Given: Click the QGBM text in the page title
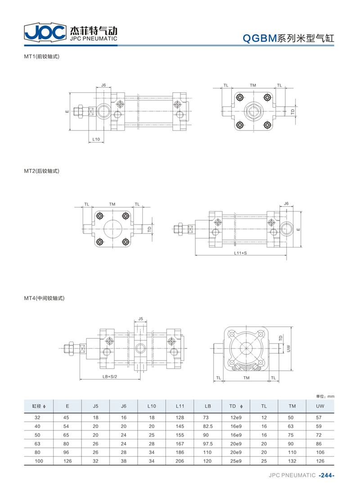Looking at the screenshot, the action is pyautogui.click(x=260, y=38).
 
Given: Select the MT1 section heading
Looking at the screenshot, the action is pyautogui.click(x=42, y=56).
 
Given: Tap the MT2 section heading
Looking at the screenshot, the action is pyautogui.click(x=42, y=171).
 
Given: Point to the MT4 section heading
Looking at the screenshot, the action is pyautogui.click(x=44, y=298).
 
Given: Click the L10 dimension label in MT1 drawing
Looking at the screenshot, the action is pyautogui.click(x=96, y=140).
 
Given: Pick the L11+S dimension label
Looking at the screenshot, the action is pyautogui.click(x=240, y=253).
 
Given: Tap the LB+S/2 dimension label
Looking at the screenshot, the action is pyautogui.click(x=109, y=376).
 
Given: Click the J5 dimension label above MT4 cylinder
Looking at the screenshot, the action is pyautogui.click(x=140, y=319).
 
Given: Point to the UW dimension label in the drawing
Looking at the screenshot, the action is pyautogui.click(x=288, y=348).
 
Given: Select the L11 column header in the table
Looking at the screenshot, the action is pyautogui.click(x=180, y=406).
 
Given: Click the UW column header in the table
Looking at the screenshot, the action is pyautogui.click(x=320, y=406).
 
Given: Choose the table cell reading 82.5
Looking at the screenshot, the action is pyautogui.click(x=208, y=426).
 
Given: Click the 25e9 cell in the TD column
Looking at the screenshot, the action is pyautogui.click(x=236, y=461).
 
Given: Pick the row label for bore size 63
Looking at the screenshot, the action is pyautogui.click(x=37, y=444).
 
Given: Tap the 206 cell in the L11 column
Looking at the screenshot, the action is pyautogui.click(x=180, y=461).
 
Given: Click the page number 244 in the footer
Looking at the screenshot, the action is pyautogui.click(x=327, y=475).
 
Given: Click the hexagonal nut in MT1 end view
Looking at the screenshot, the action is pyautogui.click(x=253, y=111).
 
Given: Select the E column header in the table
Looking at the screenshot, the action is pyautogui.click(x=67, y=406).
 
